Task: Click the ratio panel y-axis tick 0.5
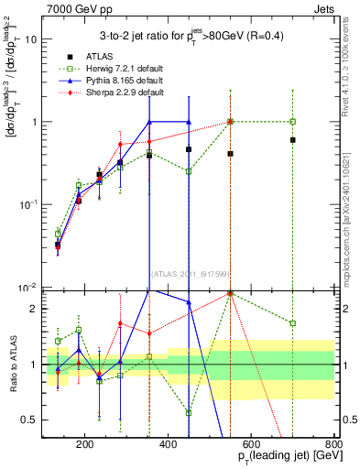32,420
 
